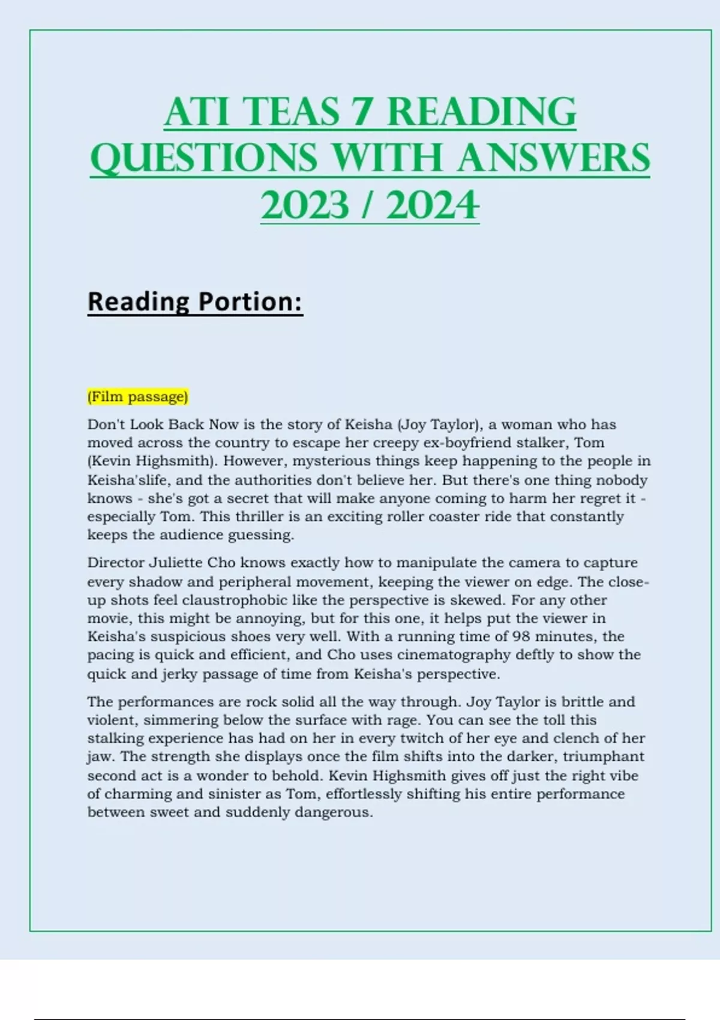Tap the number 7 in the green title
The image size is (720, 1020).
(x=362, y=112)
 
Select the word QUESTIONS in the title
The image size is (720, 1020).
(x=203, y=159)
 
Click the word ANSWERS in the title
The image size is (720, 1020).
(x=553, y=159)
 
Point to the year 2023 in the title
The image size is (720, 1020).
(x=305, y=206)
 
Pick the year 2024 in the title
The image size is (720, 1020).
(x=433, y=206)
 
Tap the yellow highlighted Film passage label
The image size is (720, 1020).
(x=138, y=397)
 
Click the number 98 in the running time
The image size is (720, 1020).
(x=521, y=636)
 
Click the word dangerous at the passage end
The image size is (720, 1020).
(x=333, y=812)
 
